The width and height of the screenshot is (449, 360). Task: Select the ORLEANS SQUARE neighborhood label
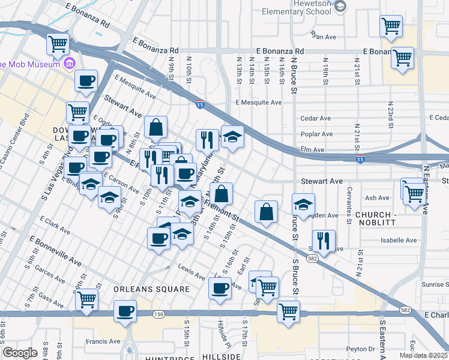click(151, 289)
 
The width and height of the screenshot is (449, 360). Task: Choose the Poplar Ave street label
click(318, 134)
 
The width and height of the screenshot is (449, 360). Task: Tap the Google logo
click(20, 353)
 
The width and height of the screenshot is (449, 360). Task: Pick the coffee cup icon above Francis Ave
click(125, 311)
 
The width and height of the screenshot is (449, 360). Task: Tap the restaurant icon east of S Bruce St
click(324, 241)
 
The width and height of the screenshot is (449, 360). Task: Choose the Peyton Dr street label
click(360, 348)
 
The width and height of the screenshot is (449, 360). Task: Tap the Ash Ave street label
click(377, 197)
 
